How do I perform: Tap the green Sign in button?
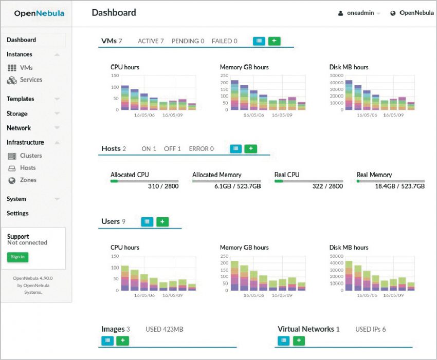[x=17, y=257]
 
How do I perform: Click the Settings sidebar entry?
[x=17, y=213]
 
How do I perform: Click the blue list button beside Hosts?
[x=235, y=148]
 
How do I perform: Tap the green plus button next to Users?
[x=162, y=221]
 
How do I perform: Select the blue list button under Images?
[x=107, y=340]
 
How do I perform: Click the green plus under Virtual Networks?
[x=299, y=340]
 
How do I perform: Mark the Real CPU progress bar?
[x=308, y=181]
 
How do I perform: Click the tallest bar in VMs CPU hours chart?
[x=125, y=98]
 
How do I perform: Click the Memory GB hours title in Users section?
[x=244, y=248]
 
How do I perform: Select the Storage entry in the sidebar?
[x=17, y=113]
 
